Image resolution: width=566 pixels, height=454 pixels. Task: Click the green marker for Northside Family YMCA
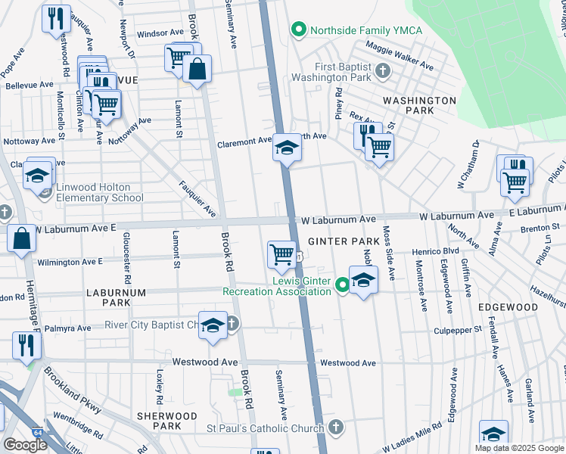click(298, 30)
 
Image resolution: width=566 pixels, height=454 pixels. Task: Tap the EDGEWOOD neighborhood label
click(508, 307)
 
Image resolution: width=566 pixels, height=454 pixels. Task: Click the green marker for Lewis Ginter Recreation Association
click(342, 286)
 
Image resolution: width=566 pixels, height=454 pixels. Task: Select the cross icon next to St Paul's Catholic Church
click(334, 427)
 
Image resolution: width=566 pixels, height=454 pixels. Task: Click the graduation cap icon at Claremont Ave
click(287, 148)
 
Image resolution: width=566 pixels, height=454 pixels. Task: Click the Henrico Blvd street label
click(435, 250)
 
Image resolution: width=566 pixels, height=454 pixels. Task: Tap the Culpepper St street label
click(457, 330)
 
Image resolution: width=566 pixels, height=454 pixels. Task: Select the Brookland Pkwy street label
click(72, 390)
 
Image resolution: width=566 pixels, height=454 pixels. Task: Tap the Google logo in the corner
click(25, 445)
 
